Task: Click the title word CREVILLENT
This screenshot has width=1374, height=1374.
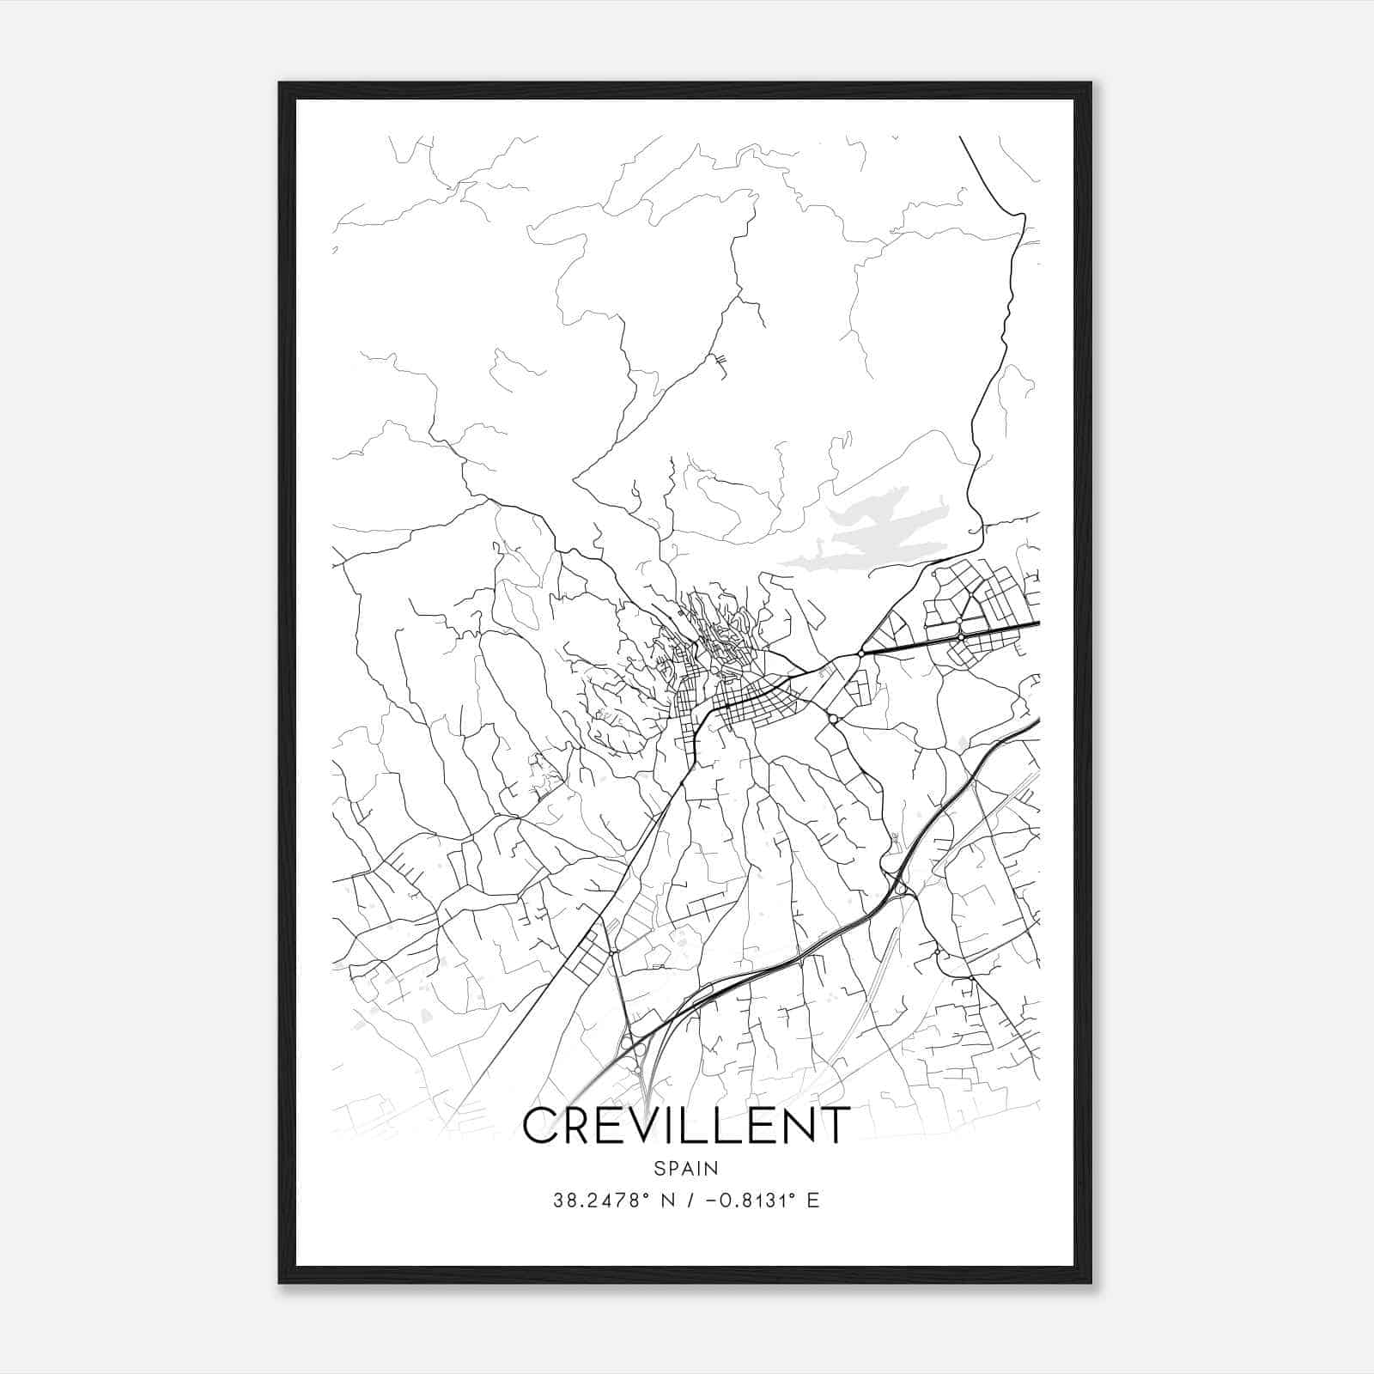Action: click(x=686, y=1126)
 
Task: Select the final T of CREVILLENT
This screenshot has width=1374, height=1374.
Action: click(x=833, y=1126)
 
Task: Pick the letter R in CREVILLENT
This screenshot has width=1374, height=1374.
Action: click(x=582, y=1126)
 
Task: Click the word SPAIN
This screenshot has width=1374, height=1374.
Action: click(x=686, y=1169)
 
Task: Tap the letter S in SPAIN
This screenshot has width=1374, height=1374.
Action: click(x=660, y=1169)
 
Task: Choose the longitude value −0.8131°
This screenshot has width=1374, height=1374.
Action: click(x=747, y=1201)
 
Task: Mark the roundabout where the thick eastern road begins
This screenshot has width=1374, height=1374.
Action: click(x=860, y=654)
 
